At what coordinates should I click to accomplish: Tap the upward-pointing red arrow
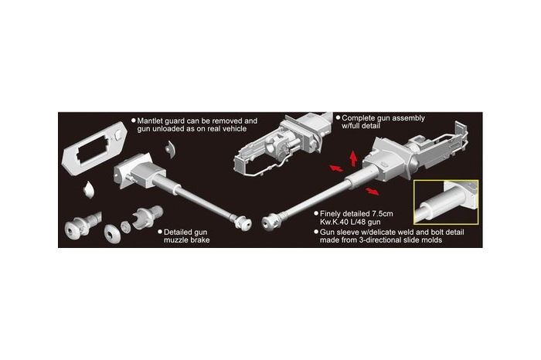tap(352, 158)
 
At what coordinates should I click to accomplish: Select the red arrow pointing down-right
tap(373, 191)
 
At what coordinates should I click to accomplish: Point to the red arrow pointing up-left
tap(336, 168)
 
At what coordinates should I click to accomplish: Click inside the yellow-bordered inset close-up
tap(446, 202)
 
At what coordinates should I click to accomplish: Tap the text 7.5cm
tap(383, 214)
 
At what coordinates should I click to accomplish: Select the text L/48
tap(355, 222)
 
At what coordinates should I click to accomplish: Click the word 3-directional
tap(383, 239)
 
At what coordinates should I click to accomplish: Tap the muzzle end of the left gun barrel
tap(245, 224)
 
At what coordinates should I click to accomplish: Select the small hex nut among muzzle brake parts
tap(125, 226)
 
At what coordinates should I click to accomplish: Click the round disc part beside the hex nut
tap(112, 233)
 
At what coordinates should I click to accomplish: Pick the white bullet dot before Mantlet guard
tap(134, 121)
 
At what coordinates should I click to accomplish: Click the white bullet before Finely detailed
tap(316, 214)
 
